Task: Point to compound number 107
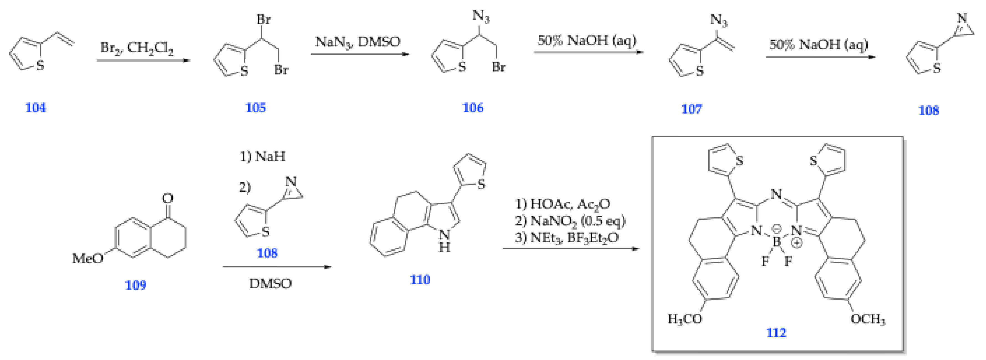(691, 109)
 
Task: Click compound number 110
(420, 280)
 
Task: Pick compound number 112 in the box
(776, 333)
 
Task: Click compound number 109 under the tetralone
(136, 285)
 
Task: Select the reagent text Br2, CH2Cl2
(137, 48)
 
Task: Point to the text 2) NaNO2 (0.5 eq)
(569, 221)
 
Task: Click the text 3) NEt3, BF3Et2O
(566, 238)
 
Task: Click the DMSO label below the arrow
(270, 284)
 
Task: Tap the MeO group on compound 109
(88, 259)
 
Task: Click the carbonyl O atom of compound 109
(168, 198)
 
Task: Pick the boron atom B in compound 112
(776, 242)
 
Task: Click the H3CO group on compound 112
(685, 319)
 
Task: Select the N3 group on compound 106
(481, 16)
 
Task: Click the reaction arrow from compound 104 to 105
(144, 60)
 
